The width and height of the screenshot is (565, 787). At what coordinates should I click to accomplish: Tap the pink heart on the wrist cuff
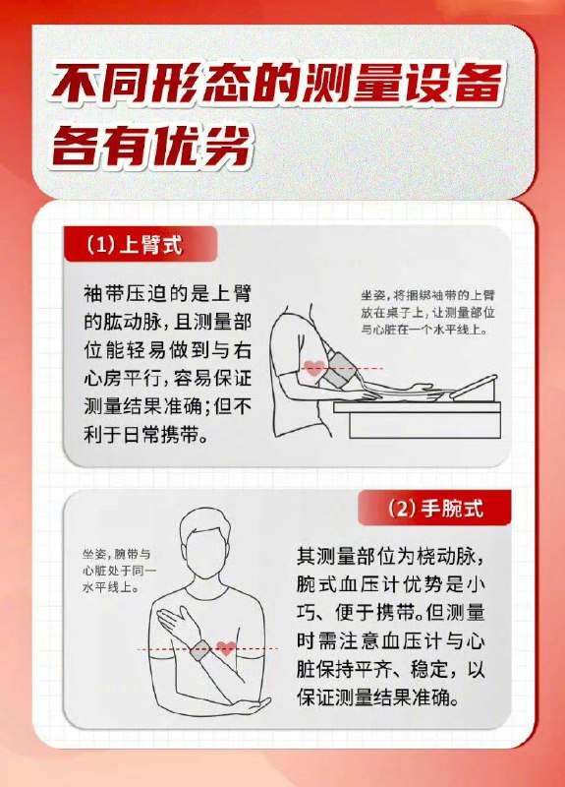(x=225, y=648)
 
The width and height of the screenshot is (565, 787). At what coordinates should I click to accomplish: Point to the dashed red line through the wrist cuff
(x=167, y=649)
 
